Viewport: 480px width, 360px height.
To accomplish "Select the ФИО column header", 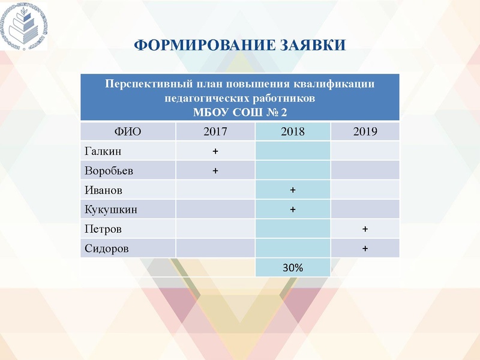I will [x=127, y=132].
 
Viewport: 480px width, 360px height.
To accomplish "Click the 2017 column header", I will [x=215, y=132].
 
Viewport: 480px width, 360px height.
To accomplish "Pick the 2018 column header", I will [x=293, y=132].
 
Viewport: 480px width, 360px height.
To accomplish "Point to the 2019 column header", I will [x=365, y=132].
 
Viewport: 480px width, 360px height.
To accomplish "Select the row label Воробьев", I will [x=109, y=171].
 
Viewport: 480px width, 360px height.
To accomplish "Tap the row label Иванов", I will [x=104, y=190].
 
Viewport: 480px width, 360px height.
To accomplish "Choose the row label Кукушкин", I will [x=111, y=209].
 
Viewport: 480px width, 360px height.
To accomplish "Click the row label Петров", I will [x=104, y=229].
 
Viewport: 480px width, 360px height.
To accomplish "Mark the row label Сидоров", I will [x=107, y=248].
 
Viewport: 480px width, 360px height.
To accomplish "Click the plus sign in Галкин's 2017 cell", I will [x=215, y=151].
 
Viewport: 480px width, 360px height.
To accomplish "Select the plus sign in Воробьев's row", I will [x=215, y=171].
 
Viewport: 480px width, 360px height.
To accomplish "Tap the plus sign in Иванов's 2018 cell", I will [x=293, y=190].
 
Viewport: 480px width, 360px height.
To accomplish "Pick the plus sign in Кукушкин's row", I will [x=293, y=209].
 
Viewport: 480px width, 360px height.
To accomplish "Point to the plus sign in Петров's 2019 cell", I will [x=365, y=229].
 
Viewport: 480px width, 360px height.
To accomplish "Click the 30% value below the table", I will [x=293, y=268].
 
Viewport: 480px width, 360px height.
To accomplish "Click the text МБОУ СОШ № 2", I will [x=239, y=112].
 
